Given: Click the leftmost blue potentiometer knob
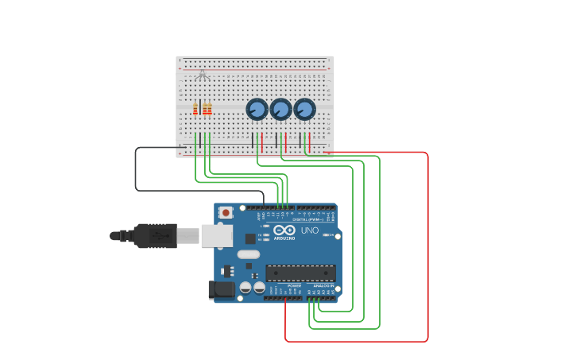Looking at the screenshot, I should click(x=257, y=109).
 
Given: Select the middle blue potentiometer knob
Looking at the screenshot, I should click(x=280, y=109).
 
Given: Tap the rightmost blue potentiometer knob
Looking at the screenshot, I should click(x=304, y=109).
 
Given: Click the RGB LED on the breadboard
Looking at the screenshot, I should click(x=203, y=76).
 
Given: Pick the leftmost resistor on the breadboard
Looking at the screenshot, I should click(x=195, y=109).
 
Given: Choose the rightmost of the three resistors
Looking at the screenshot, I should click(x=210, y=109).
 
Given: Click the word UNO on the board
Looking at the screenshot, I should click(x=309, y=230).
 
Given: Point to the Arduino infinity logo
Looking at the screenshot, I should click(x=284, y=230).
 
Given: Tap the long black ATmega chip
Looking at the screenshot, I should click(x=300, y=273).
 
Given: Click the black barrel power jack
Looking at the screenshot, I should click(x=222, y=291).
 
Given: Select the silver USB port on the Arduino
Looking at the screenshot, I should click(x=215, y=235).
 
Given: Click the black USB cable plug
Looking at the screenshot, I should click(x=155, y=236).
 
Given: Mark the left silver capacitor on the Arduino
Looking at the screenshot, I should click(x=246, y=287).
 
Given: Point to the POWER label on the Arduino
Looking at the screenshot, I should click(x=284, y=285).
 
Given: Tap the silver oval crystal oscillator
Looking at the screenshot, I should click(x=248, y=254).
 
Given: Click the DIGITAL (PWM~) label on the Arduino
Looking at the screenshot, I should click(x=312, y=220).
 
